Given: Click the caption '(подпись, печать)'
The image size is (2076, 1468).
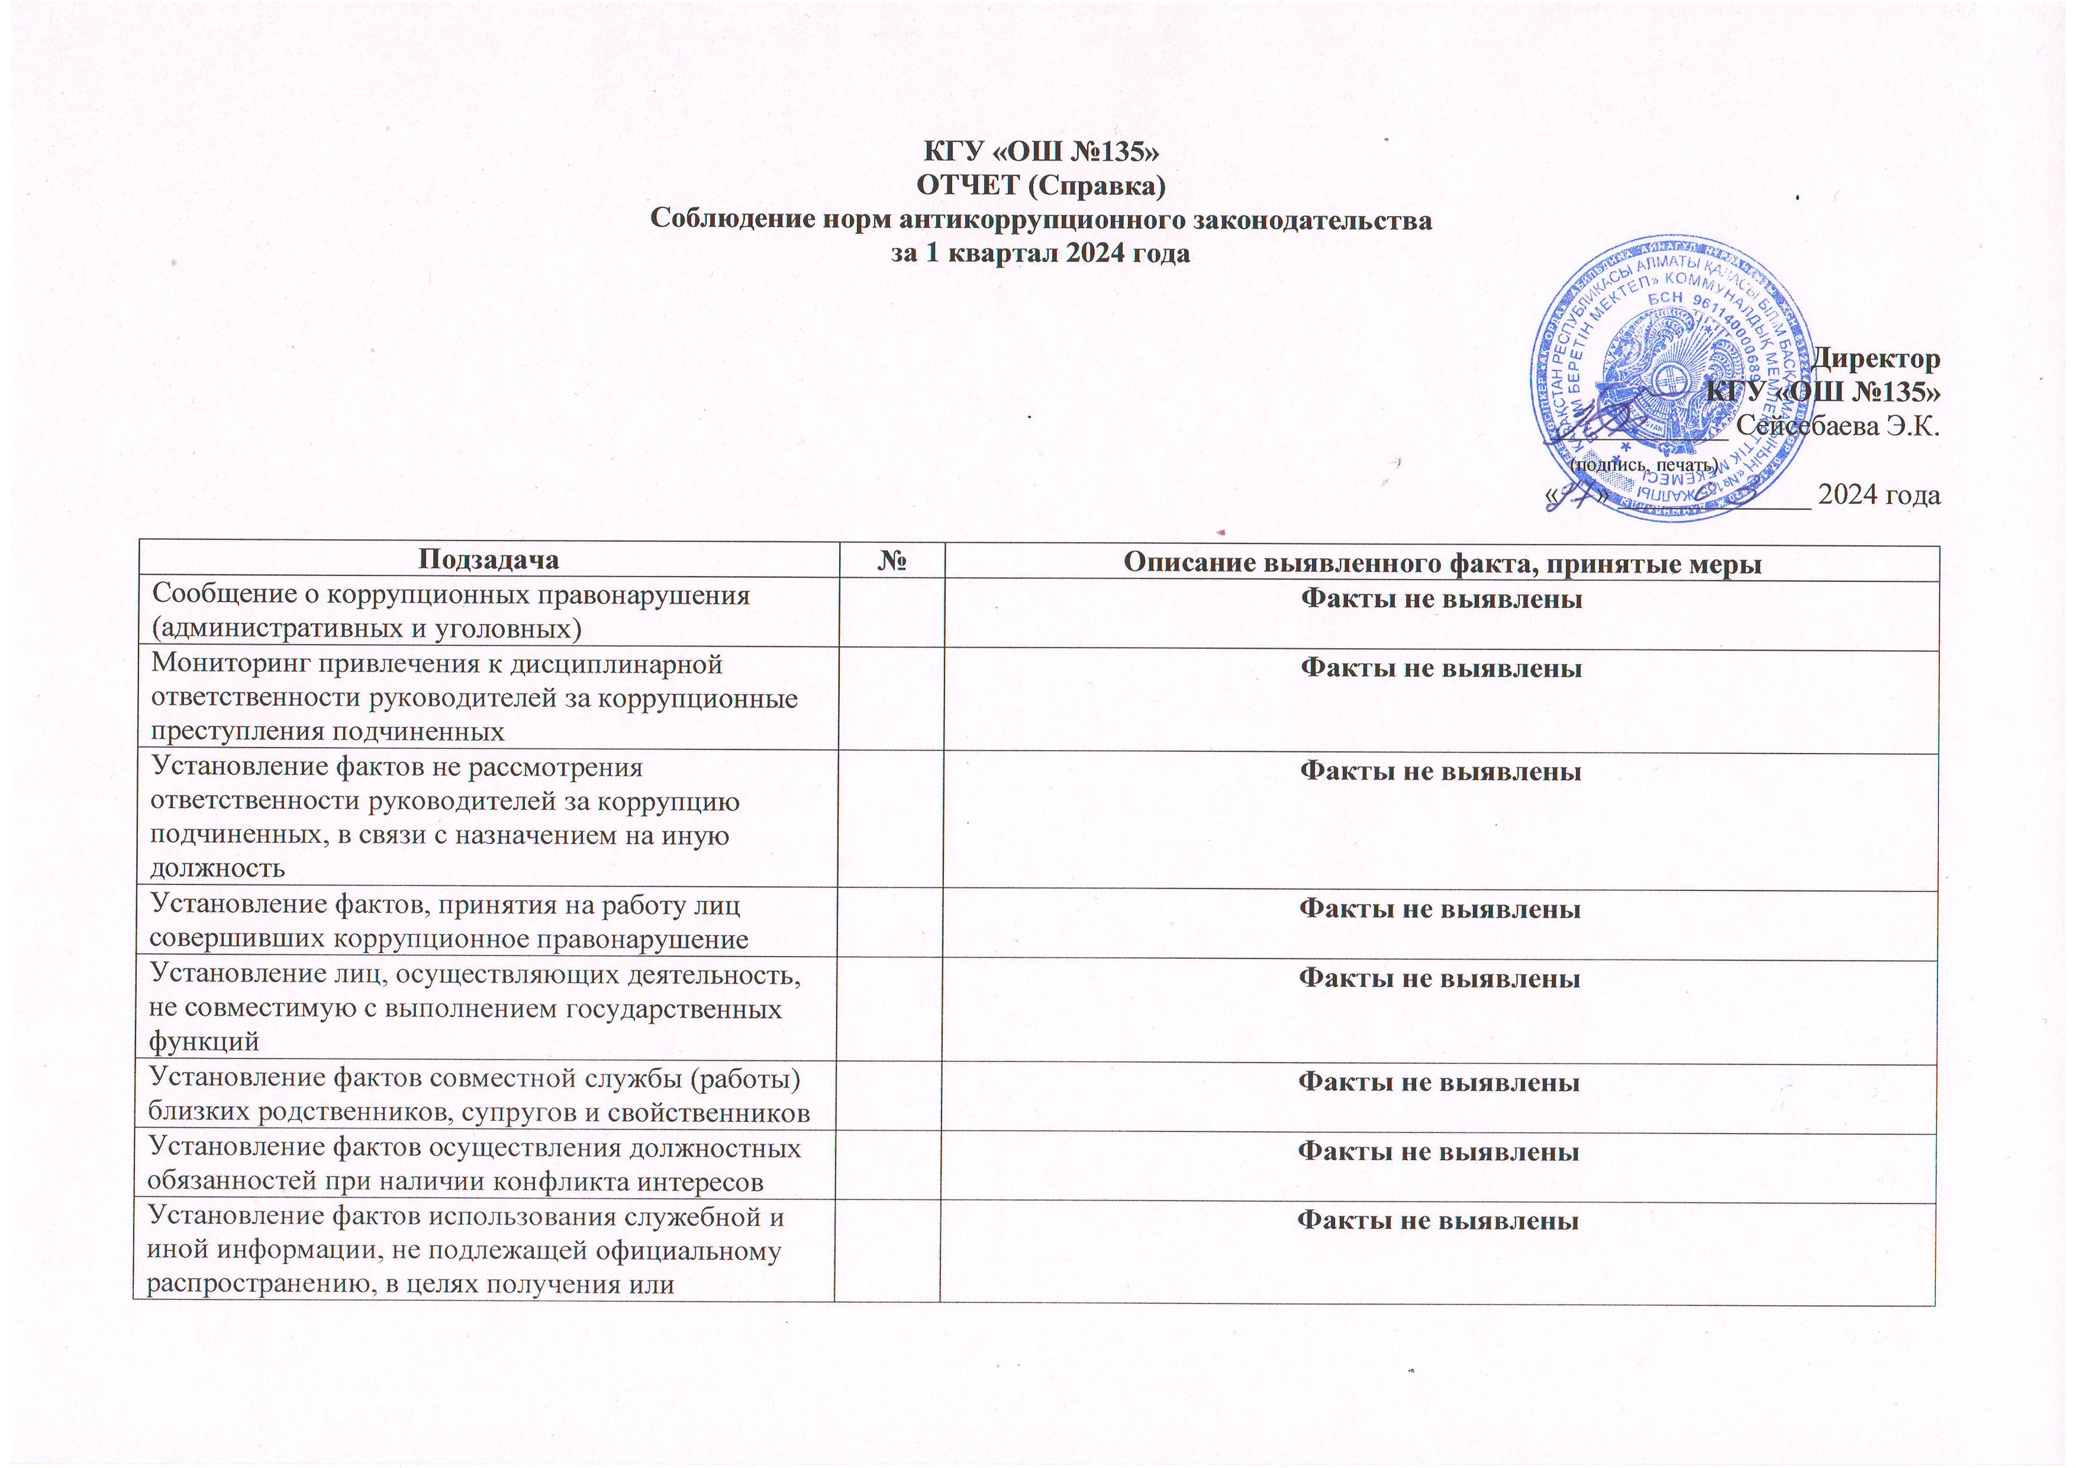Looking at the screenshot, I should tap(1645, 465).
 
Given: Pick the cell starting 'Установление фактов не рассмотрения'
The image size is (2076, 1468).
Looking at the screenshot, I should tap(444, 817).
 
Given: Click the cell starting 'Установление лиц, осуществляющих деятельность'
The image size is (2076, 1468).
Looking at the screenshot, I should tap(474, 1007).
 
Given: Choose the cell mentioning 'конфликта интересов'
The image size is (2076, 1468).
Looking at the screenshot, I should tap(474, 1165).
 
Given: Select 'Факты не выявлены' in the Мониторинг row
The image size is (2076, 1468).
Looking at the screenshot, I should tap(1441, 668).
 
